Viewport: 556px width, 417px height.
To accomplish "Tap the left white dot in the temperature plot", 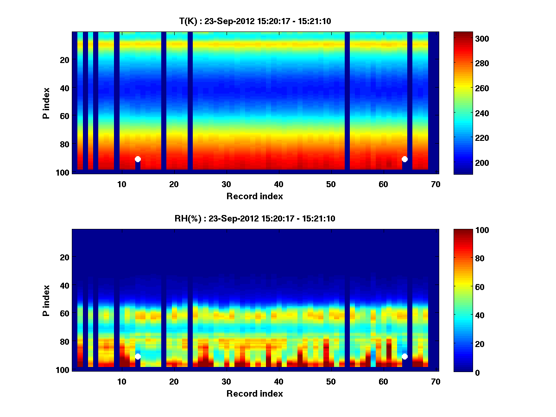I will (138, 159).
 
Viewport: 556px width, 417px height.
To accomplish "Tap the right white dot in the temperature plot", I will (404, 159).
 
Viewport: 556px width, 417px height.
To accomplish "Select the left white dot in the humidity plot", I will (138, 356).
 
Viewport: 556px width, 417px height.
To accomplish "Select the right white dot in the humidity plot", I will (404, 356).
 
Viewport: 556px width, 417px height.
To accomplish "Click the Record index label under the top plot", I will (255, 196).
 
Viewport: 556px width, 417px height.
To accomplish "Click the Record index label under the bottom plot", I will (255, 393).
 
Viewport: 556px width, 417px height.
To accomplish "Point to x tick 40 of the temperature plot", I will (278, 184).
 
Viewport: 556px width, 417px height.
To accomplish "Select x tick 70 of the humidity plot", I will (436, 381).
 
